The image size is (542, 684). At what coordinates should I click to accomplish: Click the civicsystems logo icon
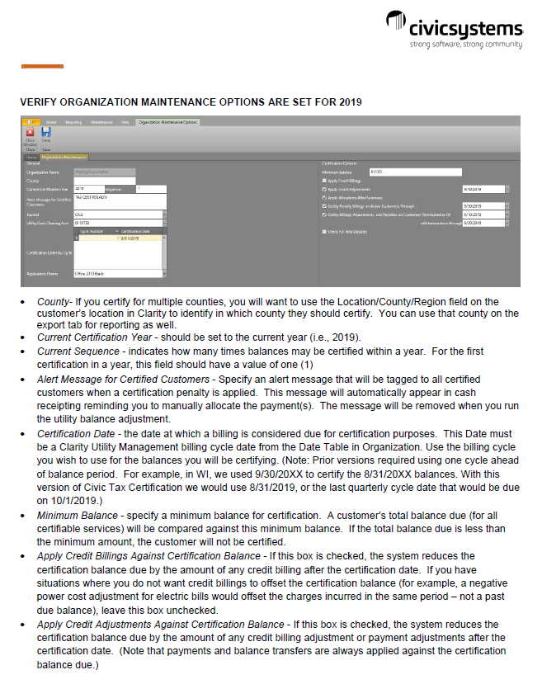(398, 26)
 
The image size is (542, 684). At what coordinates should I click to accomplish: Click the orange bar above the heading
(42, 66)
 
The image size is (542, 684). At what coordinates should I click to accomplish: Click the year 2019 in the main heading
(347, 101)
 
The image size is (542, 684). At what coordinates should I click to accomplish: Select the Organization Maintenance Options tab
(168, 121)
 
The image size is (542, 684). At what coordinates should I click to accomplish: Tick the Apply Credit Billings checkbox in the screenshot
(324, 180)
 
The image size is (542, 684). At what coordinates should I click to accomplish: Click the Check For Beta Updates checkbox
(324, 232)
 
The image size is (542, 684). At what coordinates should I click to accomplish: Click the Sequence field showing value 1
(149, 189)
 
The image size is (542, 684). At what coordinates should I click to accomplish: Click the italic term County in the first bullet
(53, 302)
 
